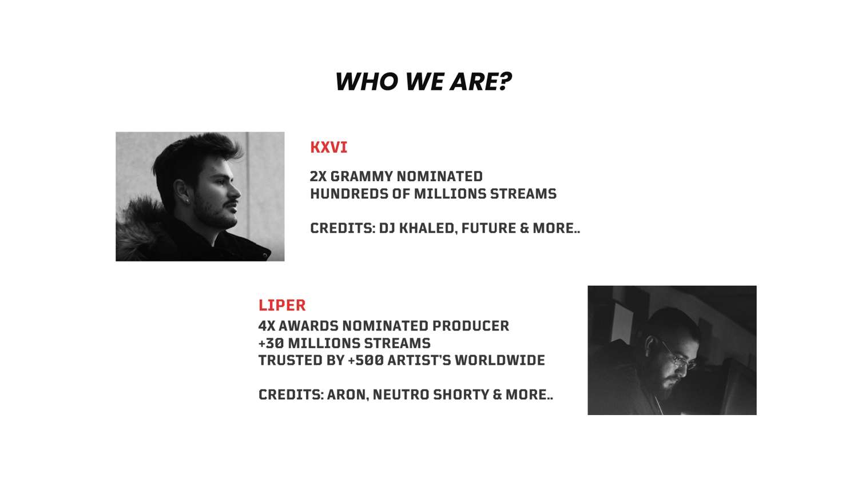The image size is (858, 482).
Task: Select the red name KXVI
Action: pyautogui.click(x=329, y=148)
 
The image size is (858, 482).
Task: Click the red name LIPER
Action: pyautogui.click(x=282, y=305)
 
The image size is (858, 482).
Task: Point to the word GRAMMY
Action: pyautogui.click(x=362, y=177)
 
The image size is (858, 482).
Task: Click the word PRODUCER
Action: pyautogui.click(x=471, y=326)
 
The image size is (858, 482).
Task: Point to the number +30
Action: pyautogui.click(x=271, y=343)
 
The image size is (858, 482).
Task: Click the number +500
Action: pyautogui.click(x=366, y=360)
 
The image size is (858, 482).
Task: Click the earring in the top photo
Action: pyautogui.click(x=187, y=200)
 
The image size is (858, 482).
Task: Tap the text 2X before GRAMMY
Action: pyautogui.click(x=318, y=177)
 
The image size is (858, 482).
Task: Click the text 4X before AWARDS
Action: pyautogui.click(x=266, y=326)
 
